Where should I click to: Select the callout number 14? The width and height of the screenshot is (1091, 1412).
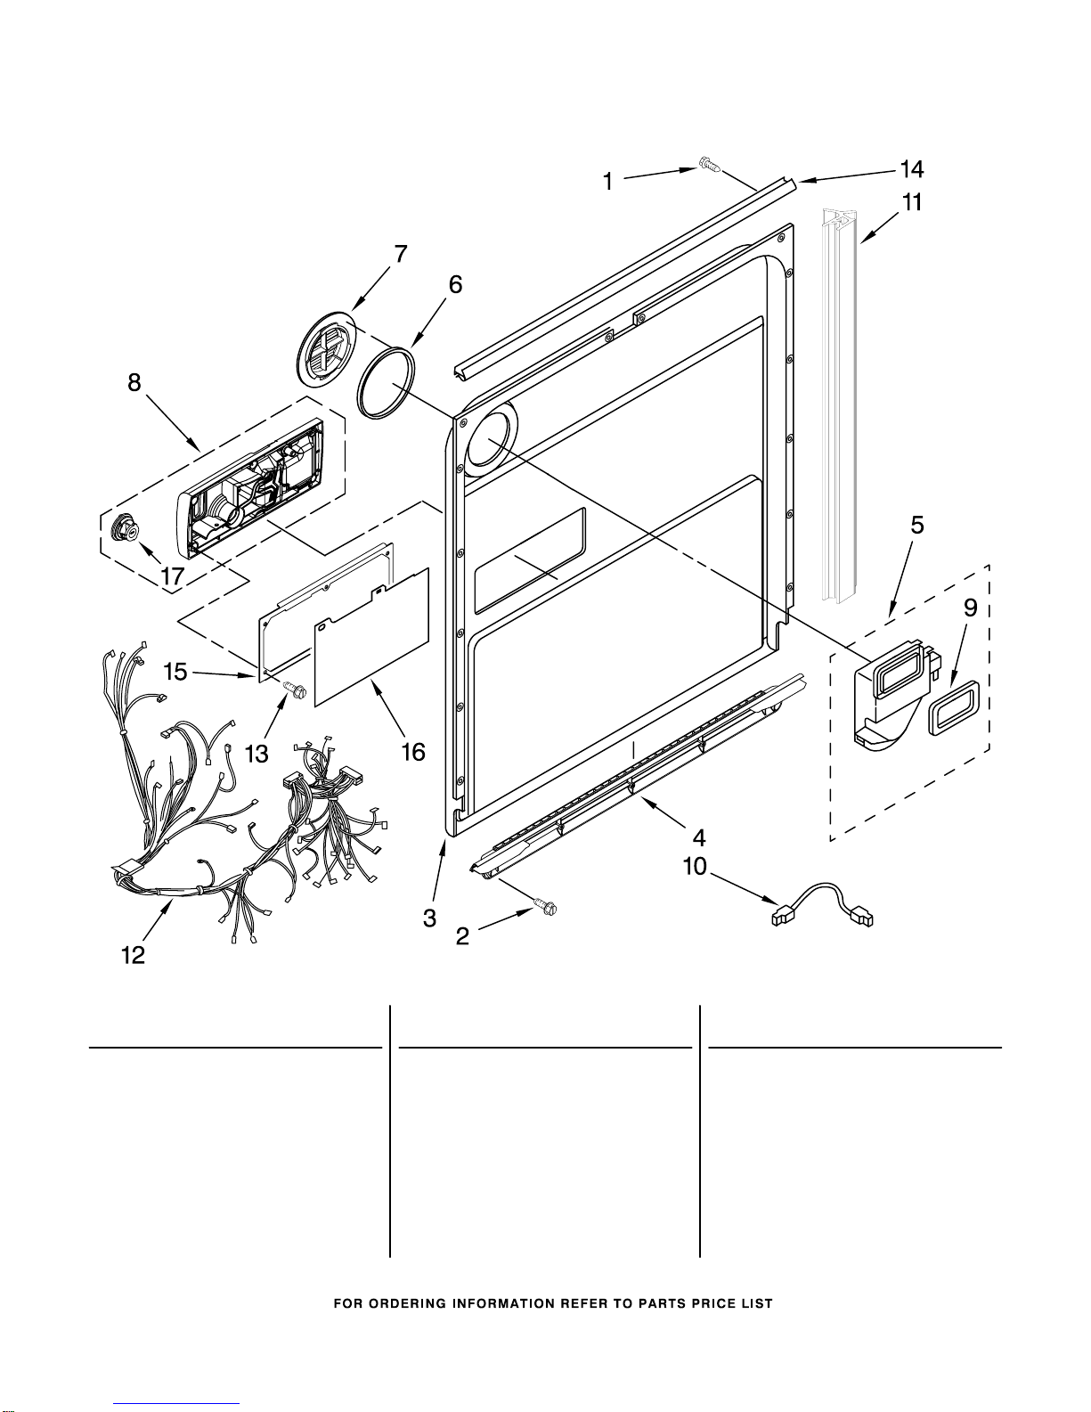coord(912,169)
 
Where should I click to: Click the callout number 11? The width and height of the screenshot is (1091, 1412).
coord(912,202)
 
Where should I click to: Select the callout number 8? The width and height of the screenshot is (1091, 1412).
coord(134,382)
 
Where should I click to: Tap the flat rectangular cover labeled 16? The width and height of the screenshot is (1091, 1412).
coord(371,637)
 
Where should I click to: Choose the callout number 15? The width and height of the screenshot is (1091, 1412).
coord(175,671)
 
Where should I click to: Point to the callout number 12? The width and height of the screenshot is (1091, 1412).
coord(133,955)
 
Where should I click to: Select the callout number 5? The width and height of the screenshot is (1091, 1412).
coord(917,525)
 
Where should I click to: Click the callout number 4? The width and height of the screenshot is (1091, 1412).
coord(698,837)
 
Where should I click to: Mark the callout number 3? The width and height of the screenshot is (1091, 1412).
coord(429,918)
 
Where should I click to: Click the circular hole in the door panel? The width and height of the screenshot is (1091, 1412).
coord(493,438)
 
